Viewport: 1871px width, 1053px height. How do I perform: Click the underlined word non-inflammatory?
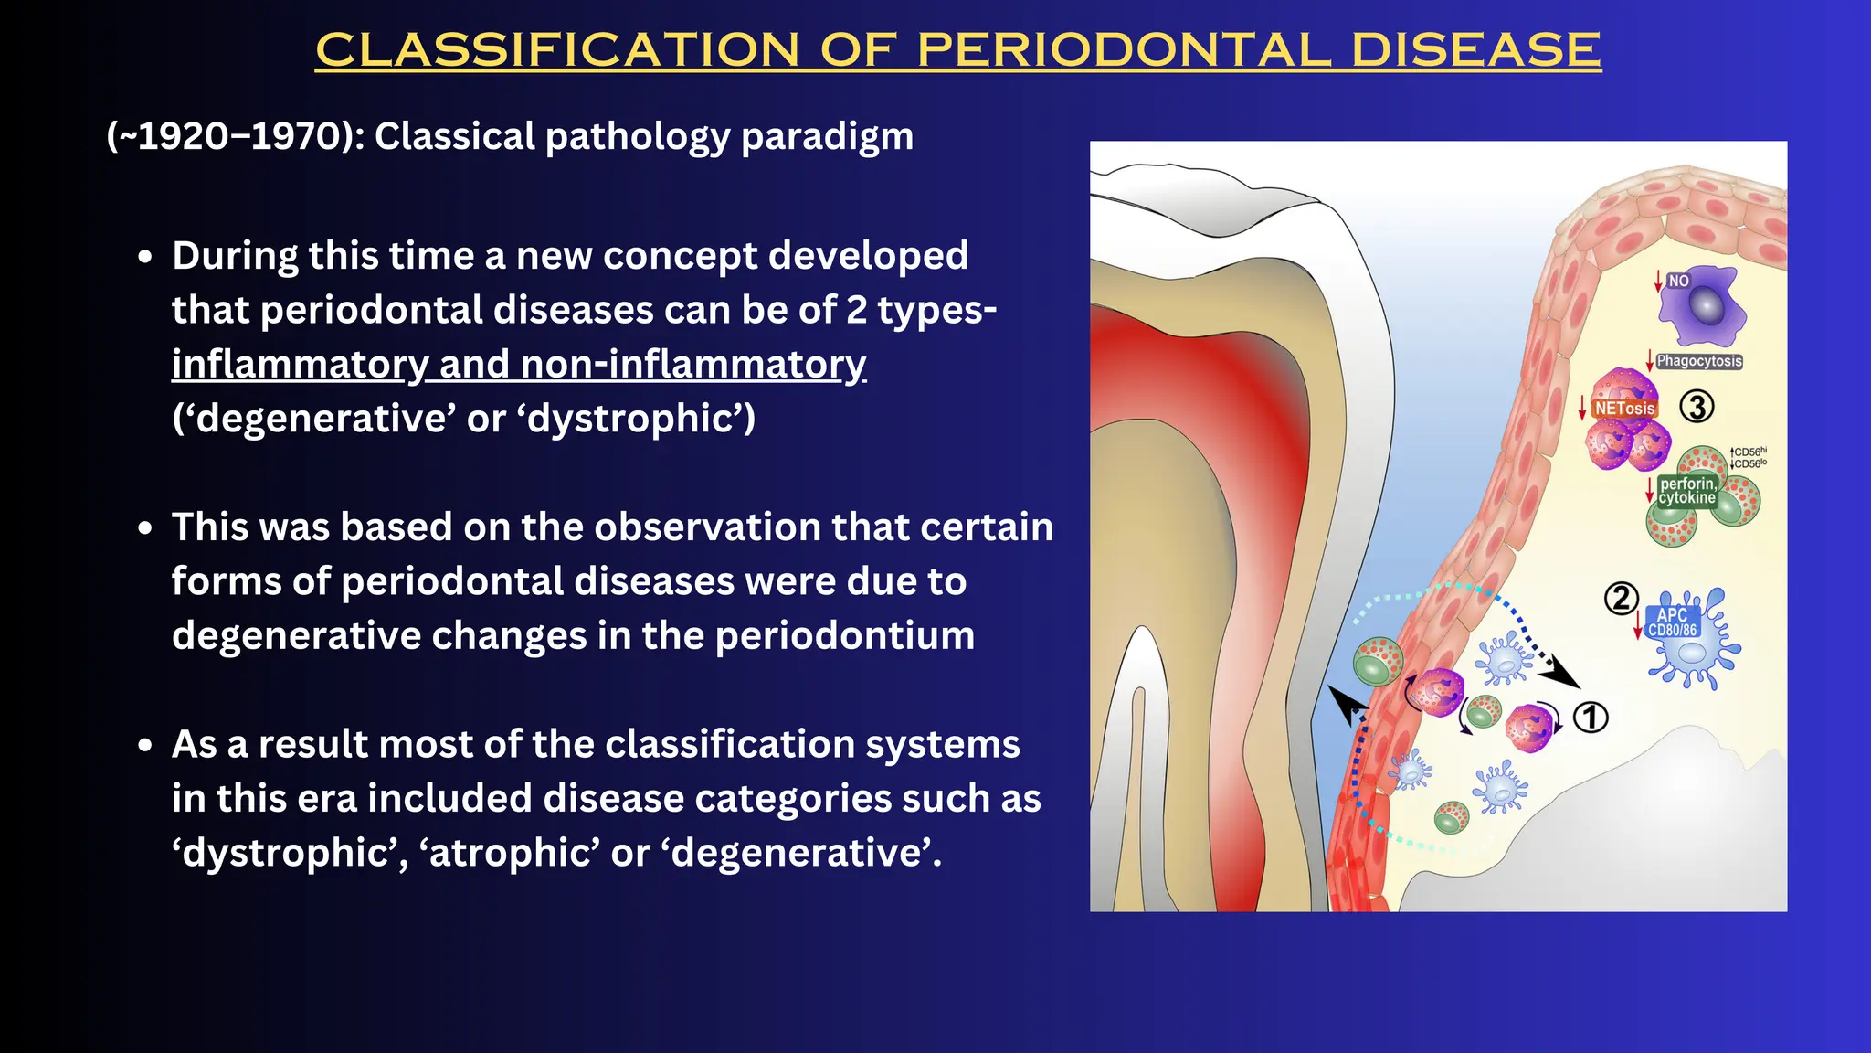(693, 364)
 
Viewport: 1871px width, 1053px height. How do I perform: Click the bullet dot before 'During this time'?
(145, 258)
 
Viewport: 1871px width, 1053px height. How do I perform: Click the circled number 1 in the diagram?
(1591, 718)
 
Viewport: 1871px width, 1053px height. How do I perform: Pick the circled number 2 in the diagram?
(1622, 599)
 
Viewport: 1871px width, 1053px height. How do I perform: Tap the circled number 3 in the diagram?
(1697, 407)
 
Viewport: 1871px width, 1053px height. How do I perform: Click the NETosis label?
(1624, 409)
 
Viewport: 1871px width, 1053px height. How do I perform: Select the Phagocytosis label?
(1699, 361)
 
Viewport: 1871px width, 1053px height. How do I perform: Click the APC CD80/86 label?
(1672, 622)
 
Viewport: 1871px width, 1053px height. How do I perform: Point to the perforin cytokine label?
(1687, 491)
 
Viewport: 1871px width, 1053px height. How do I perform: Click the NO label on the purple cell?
(1678, 281)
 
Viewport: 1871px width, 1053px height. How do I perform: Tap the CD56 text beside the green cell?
(1749, 458)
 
